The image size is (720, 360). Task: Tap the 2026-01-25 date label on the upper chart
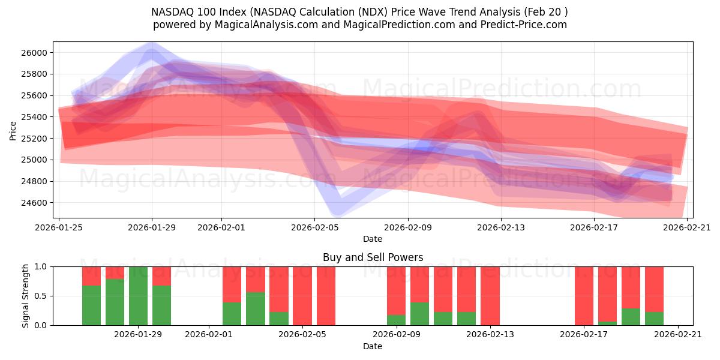(59, 227)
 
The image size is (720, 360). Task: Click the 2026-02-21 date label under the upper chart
(687, 227)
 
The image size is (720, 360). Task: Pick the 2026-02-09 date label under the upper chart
(408, 227)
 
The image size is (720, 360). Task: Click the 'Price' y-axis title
(13, 130)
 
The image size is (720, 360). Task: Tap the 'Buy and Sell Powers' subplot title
(373, 257)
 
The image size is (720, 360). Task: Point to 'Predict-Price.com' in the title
(520, 25)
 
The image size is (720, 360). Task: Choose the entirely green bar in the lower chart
(139, 296)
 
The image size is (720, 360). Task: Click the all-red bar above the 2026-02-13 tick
(490, 296)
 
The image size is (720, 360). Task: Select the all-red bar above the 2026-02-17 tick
(584, 296)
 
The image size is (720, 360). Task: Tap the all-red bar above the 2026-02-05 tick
(302, 296)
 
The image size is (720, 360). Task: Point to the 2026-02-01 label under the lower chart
(208, 334)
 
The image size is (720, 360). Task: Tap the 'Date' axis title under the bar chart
(373, 346)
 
